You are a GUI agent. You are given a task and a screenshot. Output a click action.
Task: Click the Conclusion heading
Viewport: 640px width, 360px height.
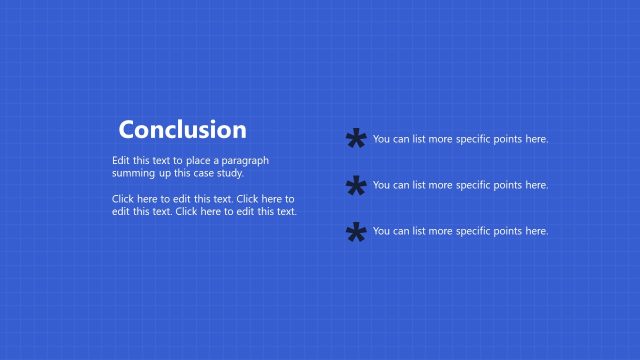point(182,130)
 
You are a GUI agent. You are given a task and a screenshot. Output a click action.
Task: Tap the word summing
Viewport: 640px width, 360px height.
point(132,173)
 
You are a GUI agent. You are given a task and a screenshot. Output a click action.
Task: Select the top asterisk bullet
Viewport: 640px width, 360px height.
point(355,142)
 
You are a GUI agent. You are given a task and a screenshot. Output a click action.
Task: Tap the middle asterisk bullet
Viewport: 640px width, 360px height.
point(355,188)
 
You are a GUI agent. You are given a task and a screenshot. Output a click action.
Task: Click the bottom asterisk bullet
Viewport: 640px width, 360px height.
point(355,234)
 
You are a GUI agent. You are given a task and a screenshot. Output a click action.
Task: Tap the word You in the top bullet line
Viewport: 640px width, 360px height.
point(381,139)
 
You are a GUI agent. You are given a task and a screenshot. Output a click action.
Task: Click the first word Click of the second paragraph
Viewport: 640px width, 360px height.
point(124,198)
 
